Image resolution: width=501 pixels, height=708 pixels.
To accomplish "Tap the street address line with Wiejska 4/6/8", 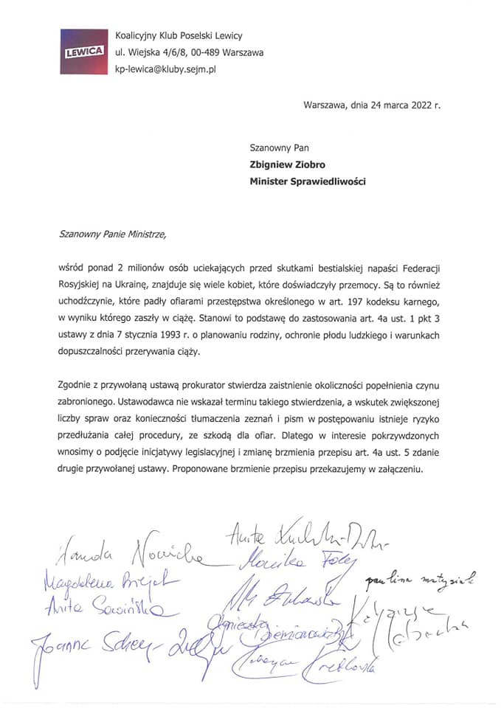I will (x=189, y=52).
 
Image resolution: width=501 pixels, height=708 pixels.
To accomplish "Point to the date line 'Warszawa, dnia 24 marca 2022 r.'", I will (x=372, y=105).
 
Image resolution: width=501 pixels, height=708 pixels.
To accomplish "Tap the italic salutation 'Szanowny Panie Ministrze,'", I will (x=113, y=236).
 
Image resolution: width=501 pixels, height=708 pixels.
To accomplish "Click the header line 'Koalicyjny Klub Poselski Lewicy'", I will (x=179, y=35).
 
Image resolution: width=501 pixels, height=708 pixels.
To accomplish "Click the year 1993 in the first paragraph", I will (x=187, y=336).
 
